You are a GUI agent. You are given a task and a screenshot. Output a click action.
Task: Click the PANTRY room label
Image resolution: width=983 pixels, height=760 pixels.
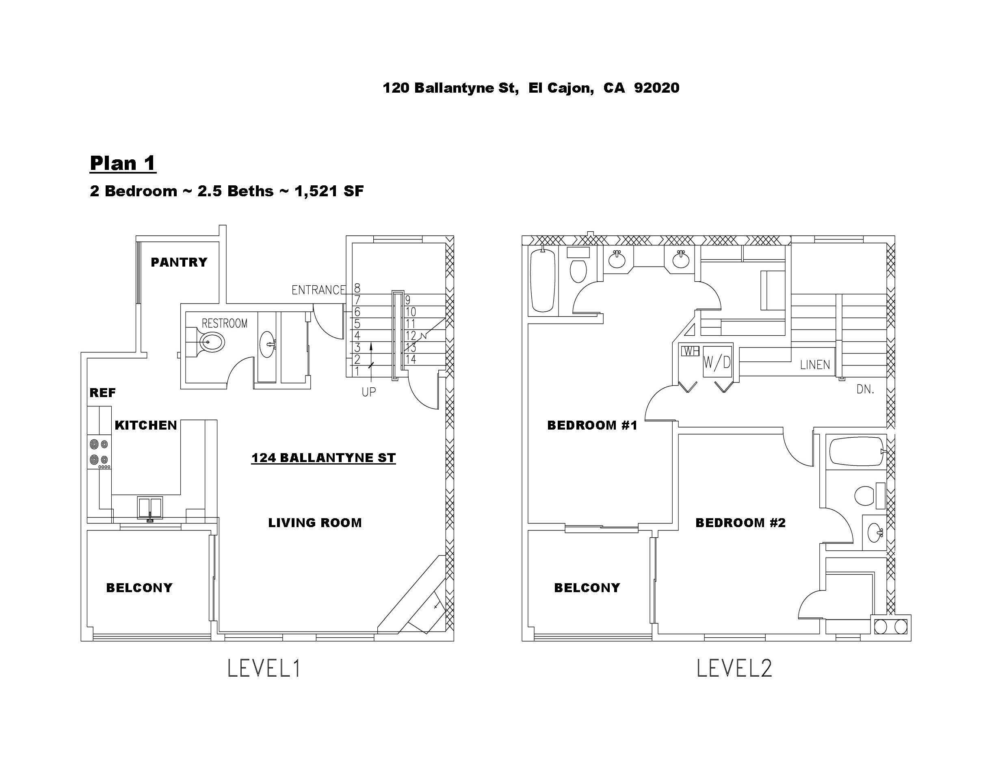[179, 262]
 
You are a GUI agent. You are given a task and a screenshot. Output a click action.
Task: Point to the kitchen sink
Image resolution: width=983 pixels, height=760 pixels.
[150, 509]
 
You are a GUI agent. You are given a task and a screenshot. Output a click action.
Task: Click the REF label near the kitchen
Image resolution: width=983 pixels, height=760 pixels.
[103, 393]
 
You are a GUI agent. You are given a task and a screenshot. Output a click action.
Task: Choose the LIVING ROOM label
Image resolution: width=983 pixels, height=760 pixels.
[315, 523]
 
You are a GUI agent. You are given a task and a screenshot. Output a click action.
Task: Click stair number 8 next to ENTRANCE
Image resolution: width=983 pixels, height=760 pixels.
[357, 288]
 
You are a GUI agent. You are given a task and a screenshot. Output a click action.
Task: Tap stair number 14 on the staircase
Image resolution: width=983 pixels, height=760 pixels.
[411, 359]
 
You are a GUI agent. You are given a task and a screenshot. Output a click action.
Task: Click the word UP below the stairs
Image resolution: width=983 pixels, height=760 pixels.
[369, 392]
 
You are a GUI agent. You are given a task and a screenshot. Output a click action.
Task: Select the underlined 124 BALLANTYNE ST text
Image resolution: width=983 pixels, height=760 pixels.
[324, 458]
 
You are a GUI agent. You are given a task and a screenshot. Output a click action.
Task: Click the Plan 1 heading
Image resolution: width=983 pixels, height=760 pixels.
[123, 163]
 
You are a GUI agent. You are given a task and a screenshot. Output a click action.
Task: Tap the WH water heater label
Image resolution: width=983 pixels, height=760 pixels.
[690, 351]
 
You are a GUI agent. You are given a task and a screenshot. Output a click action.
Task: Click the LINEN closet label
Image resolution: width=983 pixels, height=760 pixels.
[815, 365]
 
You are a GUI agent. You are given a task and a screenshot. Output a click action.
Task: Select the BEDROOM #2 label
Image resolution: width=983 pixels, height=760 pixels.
[740, 523]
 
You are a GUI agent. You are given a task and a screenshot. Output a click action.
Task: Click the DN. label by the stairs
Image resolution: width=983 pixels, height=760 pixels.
[865, 389]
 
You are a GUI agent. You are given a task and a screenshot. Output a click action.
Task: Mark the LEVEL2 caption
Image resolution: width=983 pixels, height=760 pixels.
[734, 668]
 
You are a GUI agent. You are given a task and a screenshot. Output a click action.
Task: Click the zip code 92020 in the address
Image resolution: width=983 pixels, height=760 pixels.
[657, 88]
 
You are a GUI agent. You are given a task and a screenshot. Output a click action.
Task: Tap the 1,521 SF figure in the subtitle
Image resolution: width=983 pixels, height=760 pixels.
[329, 191]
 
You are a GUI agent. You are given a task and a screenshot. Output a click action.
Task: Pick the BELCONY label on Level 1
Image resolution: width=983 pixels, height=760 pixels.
[139, 588]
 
